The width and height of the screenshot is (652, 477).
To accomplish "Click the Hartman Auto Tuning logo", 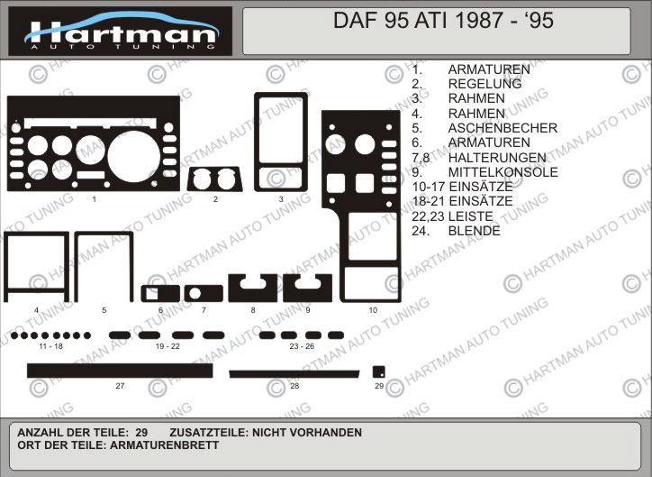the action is tap(120, 31).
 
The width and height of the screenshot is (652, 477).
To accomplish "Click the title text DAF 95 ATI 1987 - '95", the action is tap(443, 21).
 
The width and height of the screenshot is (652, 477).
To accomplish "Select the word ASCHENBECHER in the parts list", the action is tap(503, 128).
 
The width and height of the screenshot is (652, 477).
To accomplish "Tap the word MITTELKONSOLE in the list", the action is tap(503, 172).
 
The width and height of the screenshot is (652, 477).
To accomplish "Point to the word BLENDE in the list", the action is tap(475, 231).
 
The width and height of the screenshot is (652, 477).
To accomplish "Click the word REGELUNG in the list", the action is tap(484, 84).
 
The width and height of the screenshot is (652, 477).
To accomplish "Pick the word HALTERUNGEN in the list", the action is tap(497, 157).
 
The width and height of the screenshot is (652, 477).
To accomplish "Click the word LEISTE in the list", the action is tap(471, 216).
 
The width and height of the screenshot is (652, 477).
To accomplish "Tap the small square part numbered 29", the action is tap(379, 372).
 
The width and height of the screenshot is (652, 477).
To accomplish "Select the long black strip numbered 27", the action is tap(120, 371).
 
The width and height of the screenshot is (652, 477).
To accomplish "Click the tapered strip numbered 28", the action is tap(294, 374).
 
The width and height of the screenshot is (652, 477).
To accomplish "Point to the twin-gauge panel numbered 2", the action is tap(214, 179).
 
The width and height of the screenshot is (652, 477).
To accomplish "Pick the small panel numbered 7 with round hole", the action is tap(204, 293).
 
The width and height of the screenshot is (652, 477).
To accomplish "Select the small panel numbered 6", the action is tap(160, 293).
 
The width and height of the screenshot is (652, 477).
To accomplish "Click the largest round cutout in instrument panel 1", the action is tap(133, 156).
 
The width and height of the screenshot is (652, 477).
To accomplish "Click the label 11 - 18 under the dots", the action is tap(50, 346).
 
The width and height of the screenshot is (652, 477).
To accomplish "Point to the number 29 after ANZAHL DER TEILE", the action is tap(141, 433).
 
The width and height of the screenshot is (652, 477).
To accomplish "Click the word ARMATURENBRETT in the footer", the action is tap(164, 445).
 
